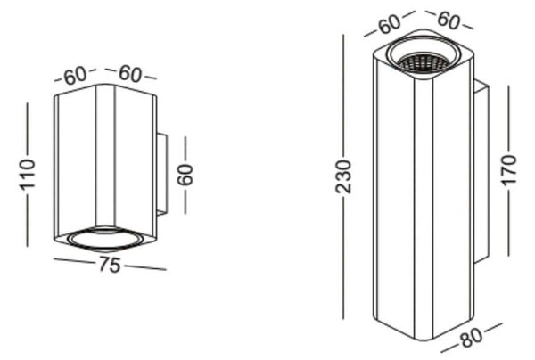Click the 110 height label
(x=28, y=174)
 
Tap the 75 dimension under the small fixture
(x=110, y=265)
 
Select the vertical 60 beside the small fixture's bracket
(x=185, y=175)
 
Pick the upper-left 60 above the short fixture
(x=76, y=76)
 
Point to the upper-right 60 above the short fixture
(x=129, y=74)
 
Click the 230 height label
(x=343, y=176)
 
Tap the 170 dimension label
(x=509, y=170)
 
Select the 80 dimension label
(x=471, y=337)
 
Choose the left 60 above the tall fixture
(x=390, y=23)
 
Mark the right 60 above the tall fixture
(x=449, y=20)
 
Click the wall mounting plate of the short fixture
(x=161, y=175)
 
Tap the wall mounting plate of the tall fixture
(x=481, y=171)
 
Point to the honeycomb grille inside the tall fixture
(x=423, y=63)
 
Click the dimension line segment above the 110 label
(x=28, y=129)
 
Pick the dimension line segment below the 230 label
(x=343, y=257)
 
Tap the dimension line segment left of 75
(x=74, y=261)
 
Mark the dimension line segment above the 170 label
(x=509, y=119)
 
